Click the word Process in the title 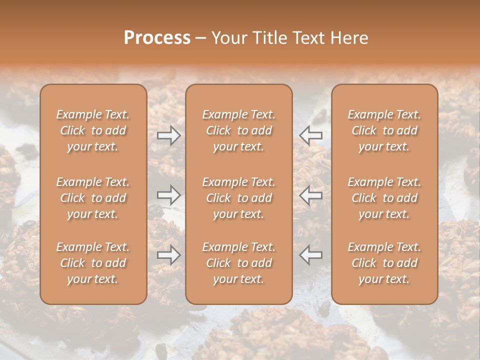tap(157, 38)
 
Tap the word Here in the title tap(348, 38)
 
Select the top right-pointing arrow tap(169, 135)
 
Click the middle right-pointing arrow tap(169, 195)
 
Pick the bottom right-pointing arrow tap(169, 255)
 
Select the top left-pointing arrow tap(310, 135)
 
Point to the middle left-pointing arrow tap(310, 195)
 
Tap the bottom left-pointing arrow tap(310, 255)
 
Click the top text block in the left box tap(93, 130)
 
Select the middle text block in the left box tap(93, 198)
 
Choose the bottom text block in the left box tap(93, 263)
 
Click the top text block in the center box tap(238, 130)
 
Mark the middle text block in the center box tap(238, 198)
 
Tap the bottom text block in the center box tap(238, 263)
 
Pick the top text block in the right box tap(384, 130)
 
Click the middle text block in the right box tap(384, 198)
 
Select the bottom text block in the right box tap(384, 263)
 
